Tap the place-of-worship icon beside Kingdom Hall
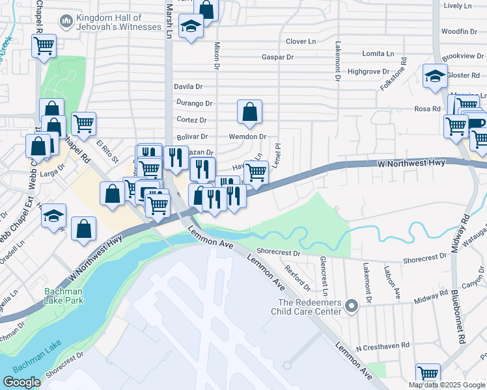(x=66, y=22)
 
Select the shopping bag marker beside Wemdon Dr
(x=249, y=112)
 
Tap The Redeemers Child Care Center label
(x=309, y=307)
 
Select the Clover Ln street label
(x=301, y=42)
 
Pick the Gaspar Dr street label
(x=277, y=57)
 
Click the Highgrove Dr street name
(x=369, y=71)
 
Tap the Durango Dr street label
(x=195, y=103)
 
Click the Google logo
(x=21, y=382)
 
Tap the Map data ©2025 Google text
(x=447, y=385)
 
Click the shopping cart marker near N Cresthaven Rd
(x=428, y=374)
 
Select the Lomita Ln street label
(x=378, y=53)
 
